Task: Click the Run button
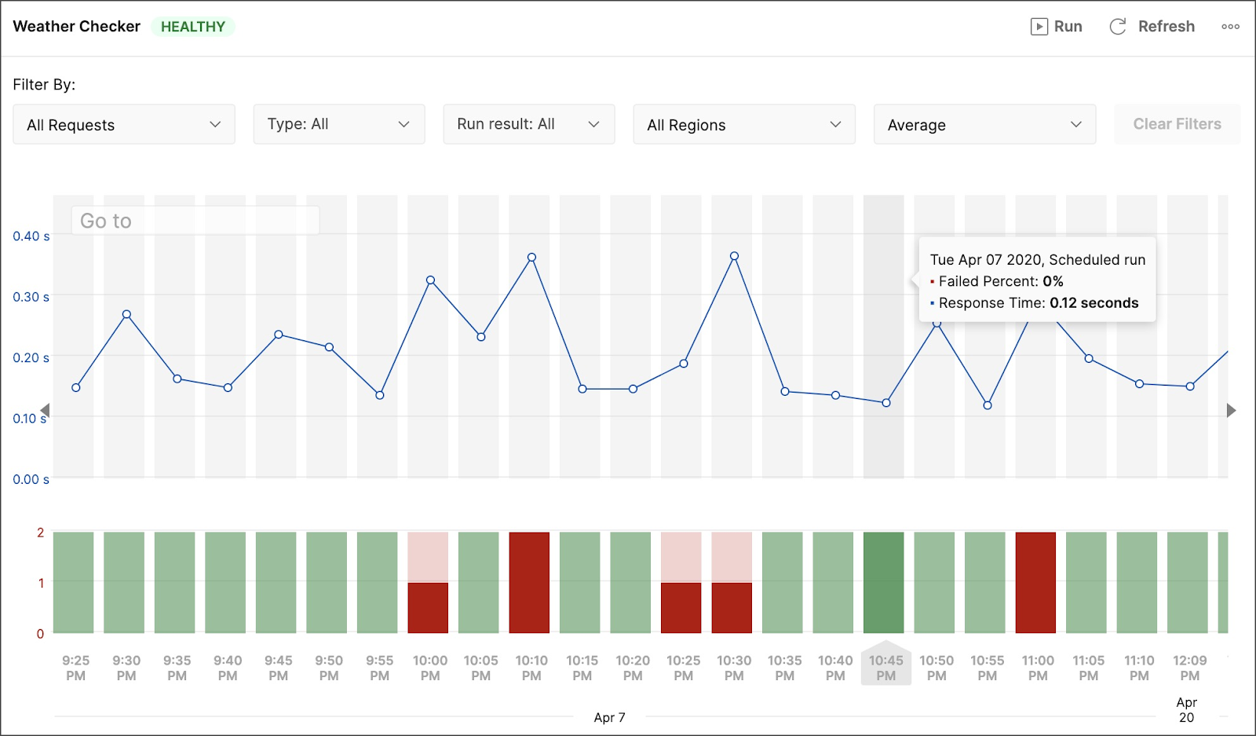(1057, 27)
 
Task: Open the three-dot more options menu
(1230, 27)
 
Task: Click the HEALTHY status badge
(193, 27)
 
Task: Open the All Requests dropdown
(124, 124)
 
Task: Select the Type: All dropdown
(338, 124)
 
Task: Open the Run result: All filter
(529, 124)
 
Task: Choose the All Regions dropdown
(744, 124)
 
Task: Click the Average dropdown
(984, 124)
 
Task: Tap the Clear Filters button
(1177, 124)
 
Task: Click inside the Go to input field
(195, 221)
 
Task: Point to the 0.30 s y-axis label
(31, 297)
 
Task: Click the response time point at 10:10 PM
(531, 258)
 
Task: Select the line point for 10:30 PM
(734, 256)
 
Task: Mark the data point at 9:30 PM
(126, 314)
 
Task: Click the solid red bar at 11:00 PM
(1035, 582)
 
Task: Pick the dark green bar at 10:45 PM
(884, 582)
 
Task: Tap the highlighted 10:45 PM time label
(886, 668)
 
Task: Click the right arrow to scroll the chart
(1232, 410)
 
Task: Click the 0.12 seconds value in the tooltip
(1094, 303)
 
